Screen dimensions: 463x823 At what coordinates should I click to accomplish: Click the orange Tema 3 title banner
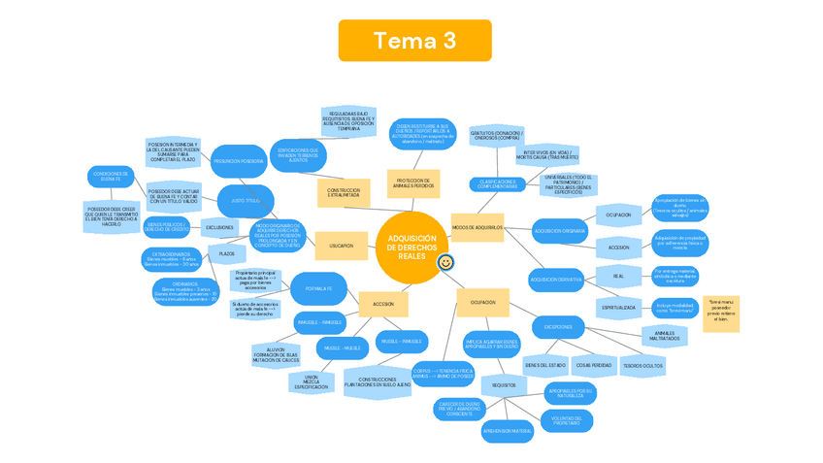tap(414, 41)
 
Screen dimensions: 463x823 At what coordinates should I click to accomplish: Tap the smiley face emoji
tap(445, 262)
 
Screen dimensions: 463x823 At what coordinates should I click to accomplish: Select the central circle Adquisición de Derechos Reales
tap(411, 248)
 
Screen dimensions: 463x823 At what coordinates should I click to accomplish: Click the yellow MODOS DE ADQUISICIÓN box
tap(477, 228)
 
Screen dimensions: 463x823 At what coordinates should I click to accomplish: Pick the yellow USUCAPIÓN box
tap(342, 246)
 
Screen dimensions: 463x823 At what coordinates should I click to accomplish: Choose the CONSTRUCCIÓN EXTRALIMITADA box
tap(344, 192)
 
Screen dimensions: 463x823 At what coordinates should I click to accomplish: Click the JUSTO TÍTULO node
tap(246, 200)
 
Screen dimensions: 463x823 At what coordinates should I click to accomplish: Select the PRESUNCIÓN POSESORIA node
tap(239, 161)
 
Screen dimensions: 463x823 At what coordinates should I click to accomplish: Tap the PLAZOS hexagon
tap(226, 254)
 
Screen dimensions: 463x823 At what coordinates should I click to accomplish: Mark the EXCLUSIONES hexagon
tap(219, 227)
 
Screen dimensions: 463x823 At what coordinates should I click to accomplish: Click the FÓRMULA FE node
tap(318, 288)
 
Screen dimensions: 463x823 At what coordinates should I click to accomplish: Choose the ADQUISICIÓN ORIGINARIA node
tap(560, 231)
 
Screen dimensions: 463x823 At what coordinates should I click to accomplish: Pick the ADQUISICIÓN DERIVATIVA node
tap(556, 280)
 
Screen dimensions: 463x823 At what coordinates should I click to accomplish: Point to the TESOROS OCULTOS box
tap(643, 365)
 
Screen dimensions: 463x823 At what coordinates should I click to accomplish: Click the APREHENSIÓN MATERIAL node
tap(508, 430)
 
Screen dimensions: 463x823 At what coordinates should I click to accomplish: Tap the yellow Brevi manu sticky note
tap(721, 314)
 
